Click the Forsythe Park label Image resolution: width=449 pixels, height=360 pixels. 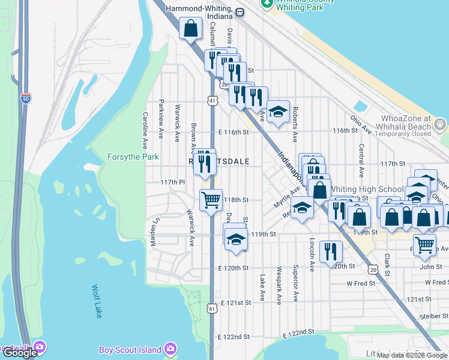(x=133, y=157)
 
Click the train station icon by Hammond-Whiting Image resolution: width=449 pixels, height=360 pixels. (x=240, y=11)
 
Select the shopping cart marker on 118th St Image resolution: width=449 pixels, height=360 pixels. (x=211, y=200)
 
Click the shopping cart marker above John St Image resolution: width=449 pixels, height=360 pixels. (x=425, y=244)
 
